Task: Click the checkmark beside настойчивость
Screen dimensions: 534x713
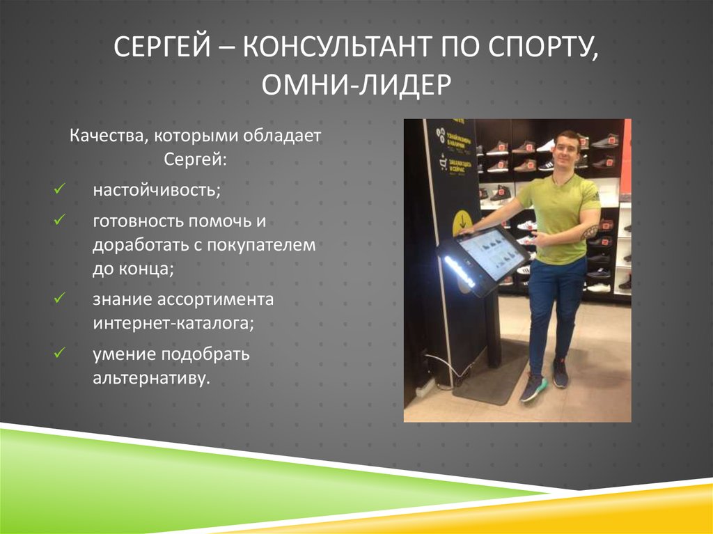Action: coord(59,189)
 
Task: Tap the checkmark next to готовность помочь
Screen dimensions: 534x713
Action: coord(59,220)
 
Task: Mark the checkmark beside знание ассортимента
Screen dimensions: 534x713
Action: coord(59,299)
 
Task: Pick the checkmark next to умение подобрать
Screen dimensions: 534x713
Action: coord(59,353)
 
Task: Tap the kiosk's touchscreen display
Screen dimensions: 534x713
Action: coord(492,253)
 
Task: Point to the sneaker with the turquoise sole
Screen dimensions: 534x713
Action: coord(533,387)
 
